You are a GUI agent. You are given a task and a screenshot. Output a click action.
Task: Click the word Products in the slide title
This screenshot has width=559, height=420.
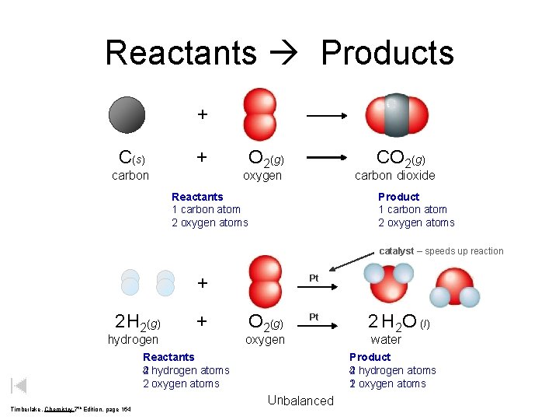click(x=387, y=53)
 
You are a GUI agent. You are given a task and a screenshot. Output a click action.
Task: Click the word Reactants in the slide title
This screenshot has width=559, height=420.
click(x=180, y=53)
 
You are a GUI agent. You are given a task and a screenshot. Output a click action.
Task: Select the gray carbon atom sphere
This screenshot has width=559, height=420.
click(x=127, y=114)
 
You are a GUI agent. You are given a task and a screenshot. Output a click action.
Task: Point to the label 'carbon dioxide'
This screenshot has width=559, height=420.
click(x=394, y=175)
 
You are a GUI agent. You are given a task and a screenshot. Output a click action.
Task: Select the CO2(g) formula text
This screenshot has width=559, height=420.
click(x=401, y=158)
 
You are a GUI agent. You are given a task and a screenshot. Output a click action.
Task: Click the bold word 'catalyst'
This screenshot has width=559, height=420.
click(x=396, y=251)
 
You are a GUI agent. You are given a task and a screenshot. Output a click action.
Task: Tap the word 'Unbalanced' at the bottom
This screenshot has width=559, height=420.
click(x=300, y=401)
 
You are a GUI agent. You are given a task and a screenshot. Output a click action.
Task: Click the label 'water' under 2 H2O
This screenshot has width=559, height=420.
click(x=386, y=339)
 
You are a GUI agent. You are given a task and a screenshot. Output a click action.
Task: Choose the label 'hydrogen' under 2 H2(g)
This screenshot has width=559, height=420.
click(x=133, y=339)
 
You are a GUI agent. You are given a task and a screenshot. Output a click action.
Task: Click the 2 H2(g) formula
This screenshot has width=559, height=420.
click(x=137, y=321)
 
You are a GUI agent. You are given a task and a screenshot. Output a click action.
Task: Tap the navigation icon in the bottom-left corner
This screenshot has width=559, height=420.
click(x=20, y=385)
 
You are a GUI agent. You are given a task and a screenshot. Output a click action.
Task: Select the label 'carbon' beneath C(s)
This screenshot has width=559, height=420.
click(x=130, y=175)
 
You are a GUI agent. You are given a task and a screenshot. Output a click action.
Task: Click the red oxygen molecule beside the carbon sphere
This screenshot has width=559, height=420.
click(x=259, y=114)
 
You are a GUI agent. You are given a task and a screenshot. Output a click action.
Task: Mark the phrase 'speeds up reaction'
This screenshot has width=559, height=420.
click(x=464, y=251)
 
